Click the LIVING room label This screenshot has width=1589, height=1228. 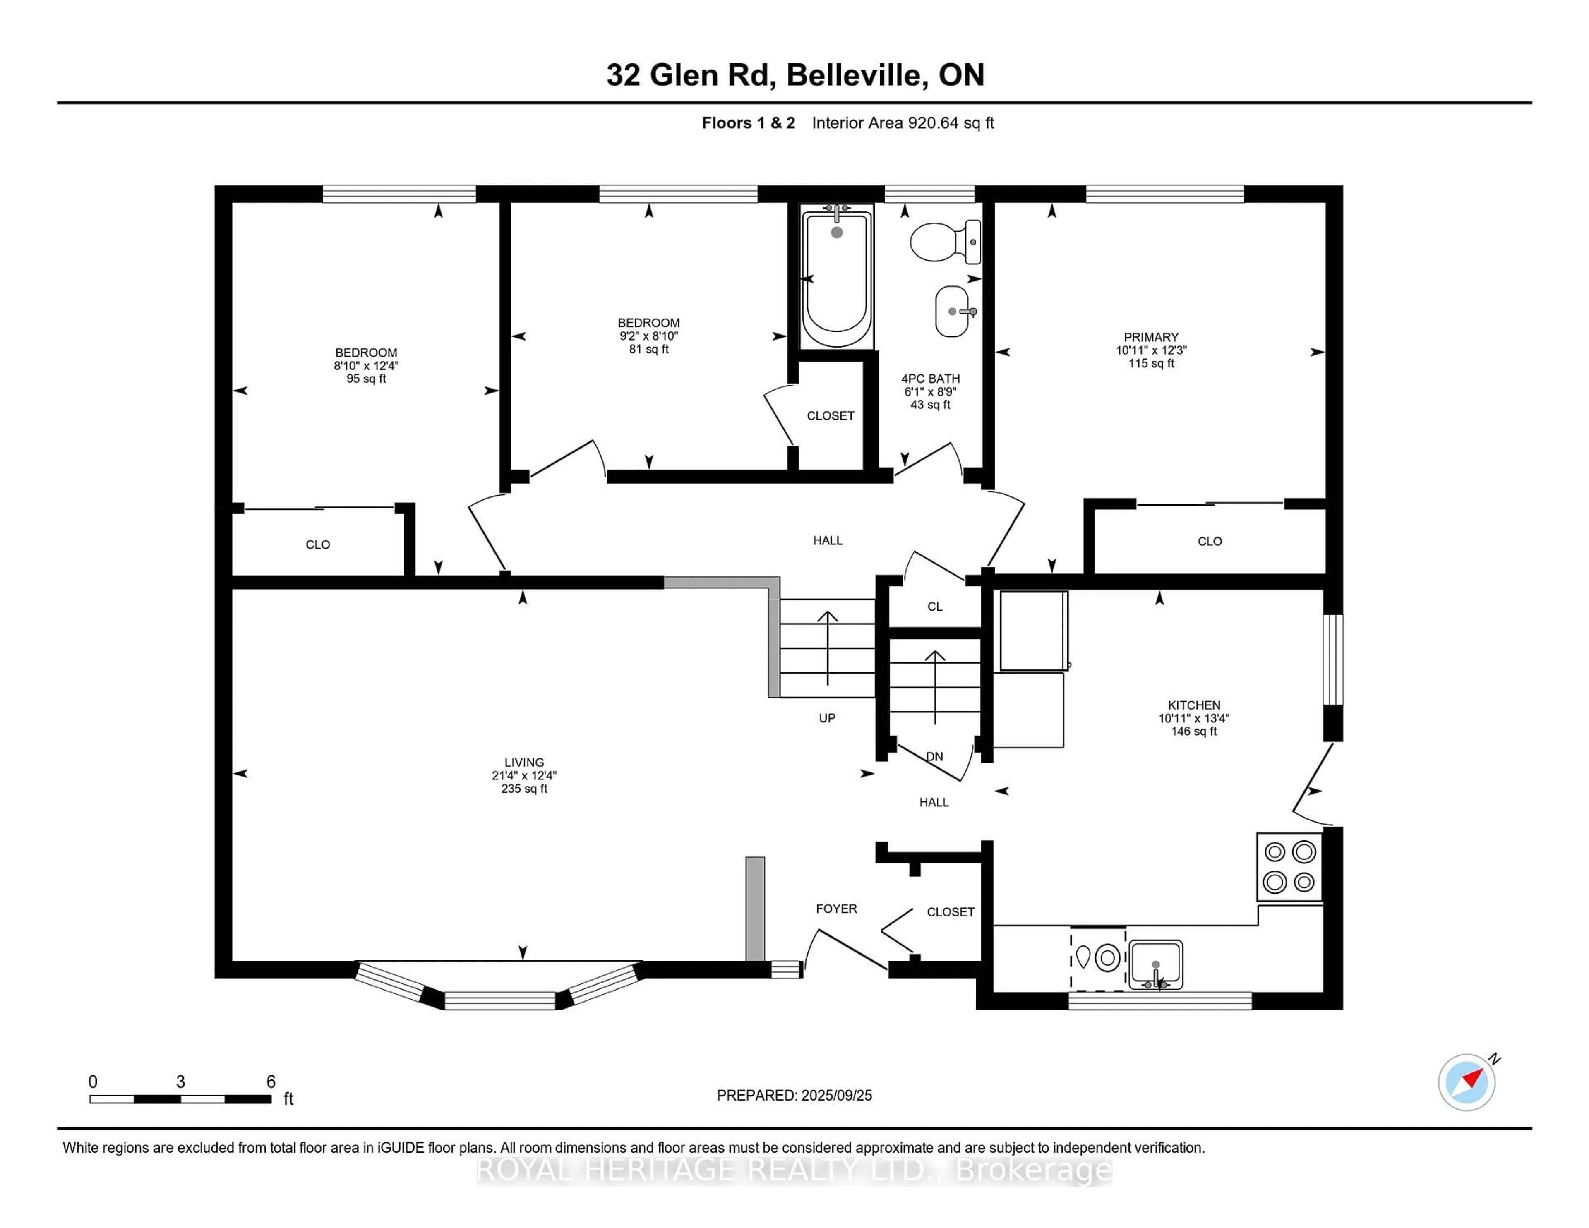point(524,763)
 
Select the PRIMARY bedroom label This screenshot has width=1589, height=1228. point(1151,337)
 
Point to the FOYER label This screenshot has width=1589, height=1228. point(836,909)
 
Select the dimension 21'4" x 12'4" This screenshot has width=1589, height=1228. point(524,775)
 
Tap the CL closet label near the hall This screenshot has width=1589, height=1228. point(935,607)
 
